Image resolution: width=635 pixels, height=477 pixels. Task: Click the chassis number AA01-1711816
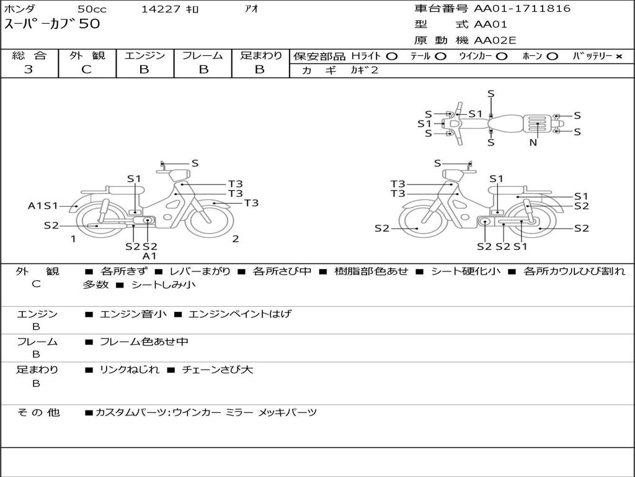pyautogui.click(x=522, y=8)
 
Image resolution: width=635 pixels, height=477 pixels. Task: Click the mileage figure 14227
pyautogui.click(x=161, y=9)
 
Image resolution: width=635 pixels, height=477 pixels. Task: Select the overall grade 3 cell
pyautogui.click(x=29, y=70)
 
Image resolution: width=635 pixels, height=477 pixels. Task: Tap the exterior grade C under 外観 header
pyautogui.click(x=87, y=70)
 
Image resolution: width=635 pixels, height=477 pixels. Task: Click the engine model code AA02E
pyautogui.click(x=495, y=40)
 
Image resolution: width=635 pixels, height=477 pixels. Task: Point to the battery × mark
pyautogui.click(x=618, y=57)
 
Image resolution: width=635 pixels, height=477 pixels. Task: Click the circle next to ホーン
pyautogui.click(x=551, y=57)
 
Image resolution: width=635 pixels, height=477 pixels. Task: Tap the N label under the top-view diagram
pyautogui.click(x=533, y=142)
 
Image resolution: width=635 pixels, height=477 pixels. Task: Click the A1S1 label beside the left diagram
pyautogui.click(x=43, y=206)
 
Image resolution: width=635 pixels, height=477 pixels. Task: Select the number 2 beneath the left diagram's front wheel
pyautogui.click(x=236, y=239)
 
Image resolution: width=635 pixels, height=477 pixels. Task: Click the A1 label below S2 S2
pyautogui.click(x=149, y=256)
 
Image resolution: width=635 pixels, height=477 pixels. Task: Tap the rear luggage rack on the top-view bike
pyautogui.click(x=537, y=124)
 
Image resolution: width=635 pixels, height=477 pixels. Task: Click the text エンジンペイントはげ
pyautogui.click(x=240, y=314)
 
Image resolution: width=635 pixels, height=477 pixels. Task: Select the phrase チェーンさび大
pyautogui.click(x=218, y=370)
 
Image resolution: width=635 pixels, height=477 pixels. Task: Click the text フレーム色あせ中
pyautogui.click(x=144, y=342)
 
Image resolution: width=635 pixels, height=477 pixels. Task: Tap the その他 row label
pyautogui.click(x=38, y=412)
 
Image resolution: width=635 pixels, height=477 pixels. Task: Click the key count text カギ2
pyautogui.click(x=365, y=70)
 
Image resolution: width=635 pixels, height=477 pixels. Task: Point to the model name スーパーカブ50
pyautogui.click(x=52, y=24)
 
